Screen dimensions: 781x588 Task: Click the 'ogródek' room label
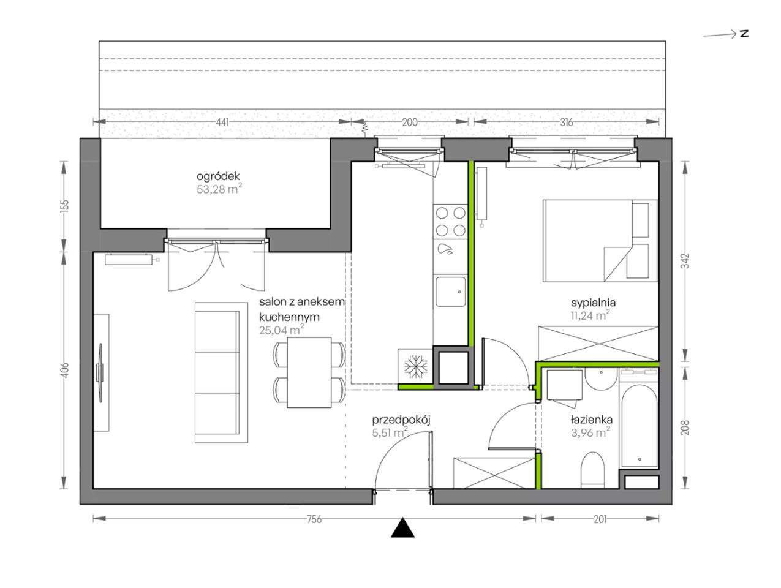(x=218, y=176)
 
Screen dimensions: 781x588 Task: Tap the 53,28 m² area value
(x=219, y=189)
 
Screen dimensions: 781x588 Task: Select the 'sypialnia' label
(x=593, y=303)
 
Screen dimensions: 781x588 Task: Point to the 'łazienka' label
(x=592, y=420)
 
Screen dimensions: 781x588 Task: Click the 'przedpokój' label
(x=401, y=420)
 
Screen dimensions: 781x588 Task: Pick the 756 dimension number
(x=314, y=519)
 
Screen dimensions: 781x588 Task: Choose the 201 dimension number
(x=600, y=519)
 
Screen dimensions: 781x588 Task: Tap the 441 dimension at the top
(x=222, y=122)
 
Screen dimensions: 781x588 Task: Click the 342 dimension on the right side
(x=686, y=261)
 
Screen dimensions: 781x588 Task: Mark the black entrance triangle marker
(x=402, y=528)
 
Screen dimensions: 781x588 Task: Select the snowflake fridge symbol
(x=415, y=366)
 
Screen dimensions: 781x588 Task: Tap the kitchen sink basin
(x=450, y=292)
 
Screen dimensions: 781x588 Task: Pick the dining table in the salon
(x=309, y=372)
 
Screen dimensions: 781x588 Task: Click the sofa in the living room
(x=221, y=372)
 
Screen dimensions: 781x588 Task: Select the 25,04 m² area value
(x=281, y=330)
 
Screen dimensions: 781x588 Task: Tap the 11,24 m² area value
(x=590, y=315)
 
